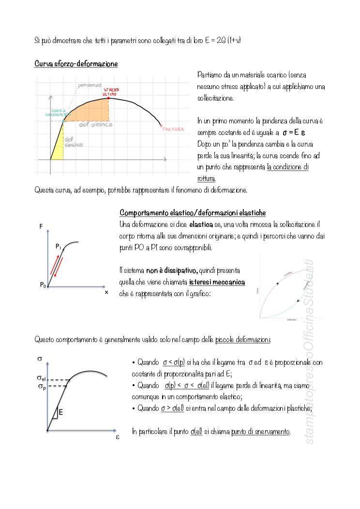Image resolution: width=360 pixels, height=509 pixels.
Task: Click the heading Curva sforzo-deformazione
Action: coord(76,64)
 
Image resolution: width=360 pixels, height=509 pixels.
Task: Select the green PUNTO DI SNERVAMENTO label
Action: coord(55,112)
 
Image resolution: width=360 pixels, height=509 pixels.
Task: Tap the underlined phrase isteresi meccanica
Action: coord(217,282)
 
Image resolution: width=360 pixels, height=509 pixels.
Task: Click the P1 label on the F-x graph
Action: coord(58,247)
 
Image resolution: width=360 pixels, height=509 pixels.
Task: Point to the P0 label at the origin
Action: coord(43,285)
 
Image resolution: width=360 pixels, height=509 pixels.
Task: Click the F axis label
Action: coord(41,225)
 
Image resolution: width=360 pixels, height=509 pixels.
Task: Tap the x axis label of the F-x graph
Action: coord(106,292)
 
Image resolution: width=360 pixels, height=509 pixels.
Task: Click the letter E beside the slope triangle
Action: coord(61,412)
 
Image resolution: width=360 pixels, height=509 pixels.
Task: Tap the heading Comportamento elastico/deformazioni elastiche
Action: coord(193,213)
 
